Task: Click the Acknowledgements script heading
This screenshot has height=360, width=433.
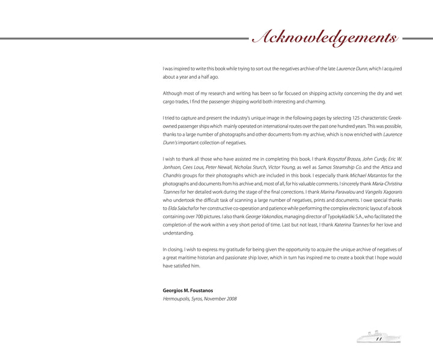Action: click(325, 38)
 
